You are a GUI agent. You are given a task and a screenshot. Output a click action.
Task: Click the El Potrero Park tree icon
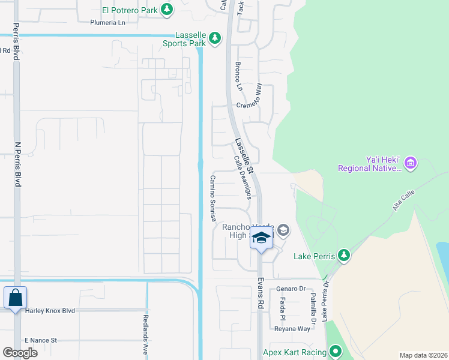pyautogui.click(x=167, y=10)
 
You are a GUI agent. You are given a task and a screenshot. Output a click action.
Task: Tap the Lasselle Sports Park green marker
pyautogui.click(x=215, y=40)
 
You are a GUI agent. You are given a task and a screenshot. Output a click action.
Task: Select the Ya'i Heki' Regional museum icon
pyautogui.click(x=411, y=163)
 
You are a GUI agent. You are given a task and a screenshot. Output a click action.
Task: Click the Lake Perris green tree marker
pyautogui.click(x=343, y=256)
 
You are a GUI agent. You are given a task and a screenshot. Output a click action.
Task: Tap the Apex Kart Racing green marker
pyautogui.click(x=336, y=352)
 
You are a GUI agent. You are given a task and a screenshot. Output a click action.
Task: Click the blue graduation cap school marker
pyautogui.click(x=262, y=238)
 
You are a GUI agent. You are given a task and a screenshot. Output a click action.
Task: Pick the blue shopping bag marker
pyautogui.click(x=14, y=298)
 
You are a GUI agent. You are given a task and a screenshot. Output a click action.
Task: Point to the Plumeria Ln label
pyautogui.click(x=108, y=23)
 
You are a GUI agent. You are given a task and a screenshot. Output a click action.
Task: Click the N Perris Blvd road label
pyautogui.click(x=17, y=164)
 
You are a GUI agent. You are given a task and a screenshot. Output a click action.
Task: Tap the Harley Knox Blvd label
pyautogui.click(x=50, y=311)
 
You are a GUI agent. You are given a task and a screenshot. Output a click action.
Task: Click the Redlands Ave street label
pyautogui.click(x=146, y=336)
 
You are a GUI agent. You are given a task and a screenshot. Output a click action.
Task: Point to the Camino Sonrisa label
pyautogui.click(x=212, y=198)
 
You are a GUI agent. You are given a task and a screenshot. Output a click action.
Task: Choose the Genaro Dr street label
pyautogui.click(x=292, y=289)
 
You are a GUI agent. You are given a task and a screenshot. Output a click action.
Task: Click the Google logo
pyautogui.click(x=20, y=352)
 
